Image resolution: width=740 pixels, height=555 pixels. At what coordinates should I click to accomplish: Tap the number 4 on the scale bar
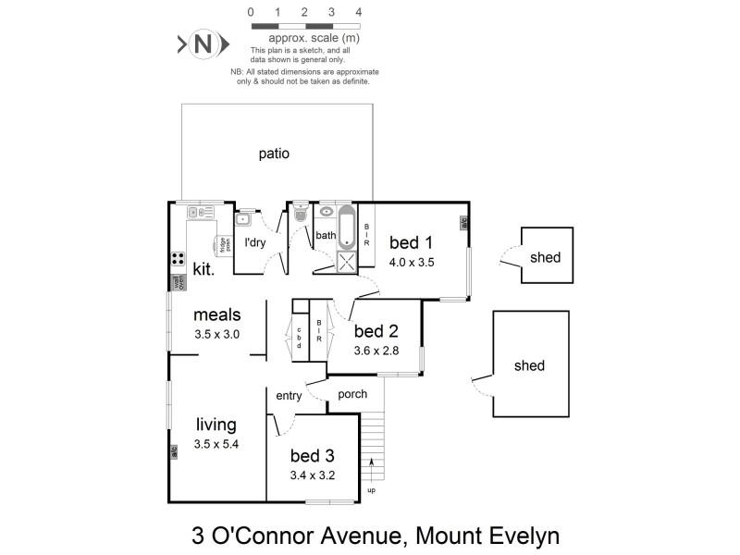point(358,13)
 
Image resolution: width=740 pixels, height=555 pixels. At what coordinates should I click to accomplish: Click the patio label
point(274,154)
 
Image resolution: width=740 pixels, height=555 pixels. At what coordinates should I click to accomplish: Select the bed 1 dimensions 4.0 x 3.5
point(412,262)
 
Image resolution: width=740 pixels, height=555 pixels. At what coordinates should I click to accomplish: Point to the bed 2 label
point(376,331)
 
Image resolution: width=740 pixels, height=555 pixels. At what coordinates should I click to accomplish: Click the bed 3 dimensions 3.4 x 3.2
point(312,475)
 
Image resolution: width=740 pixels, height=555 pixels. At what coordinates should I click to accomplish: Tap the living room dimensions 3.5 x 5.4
point(216,444)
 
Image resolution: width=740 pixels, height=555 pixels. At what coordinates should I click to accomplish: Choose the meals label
point(216,315)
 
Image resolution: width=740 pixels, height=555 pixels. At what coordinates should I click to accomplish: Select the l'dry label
point(254,243)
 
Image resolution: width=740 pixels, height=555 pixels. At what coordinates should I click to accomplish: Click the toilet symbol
point(299,214)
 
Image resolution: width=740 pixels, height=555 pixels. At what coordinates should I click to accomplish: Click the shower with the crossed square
point(347,262)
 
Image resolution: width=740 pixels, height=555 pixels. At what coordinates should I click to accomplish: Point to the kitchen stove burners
point(177,260)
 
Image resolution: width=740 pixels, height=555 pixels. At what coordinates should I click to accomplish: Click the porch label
point(351,394)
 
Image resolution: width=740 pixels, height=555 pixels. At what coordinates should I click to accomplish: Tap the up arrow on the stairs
point(373,464)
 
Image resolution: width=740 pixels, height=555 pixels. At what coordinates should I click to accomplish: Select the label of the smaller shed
point(545,257)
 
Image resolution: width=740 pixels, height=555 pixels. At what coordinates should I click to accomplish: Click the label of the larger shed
point(529,365)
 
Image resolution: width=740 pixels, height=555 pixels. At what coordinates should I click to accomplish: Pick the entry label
point(289,396)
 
